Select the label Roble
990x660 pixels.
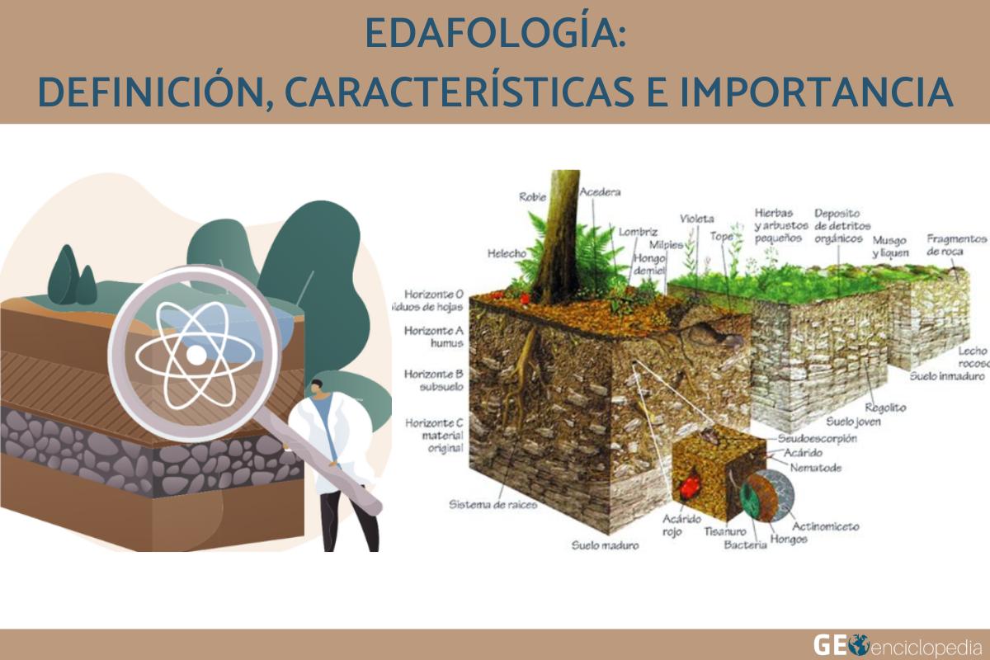pos(532,196)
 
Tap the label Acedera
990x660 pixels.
pos(600,192)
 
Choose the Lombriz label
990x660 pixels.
pos(638,232)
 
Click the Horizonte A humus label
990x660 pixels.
pos(434,337)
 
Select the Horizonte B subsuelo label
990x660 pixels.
pos(434,379)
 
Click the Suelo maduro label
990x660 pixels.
pos(605,545)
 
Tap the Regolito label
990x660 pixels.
pos(885,408)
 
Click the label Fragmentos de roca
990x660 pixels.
pos(956,244)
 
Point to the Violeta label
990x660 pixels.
pos(696,219)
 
